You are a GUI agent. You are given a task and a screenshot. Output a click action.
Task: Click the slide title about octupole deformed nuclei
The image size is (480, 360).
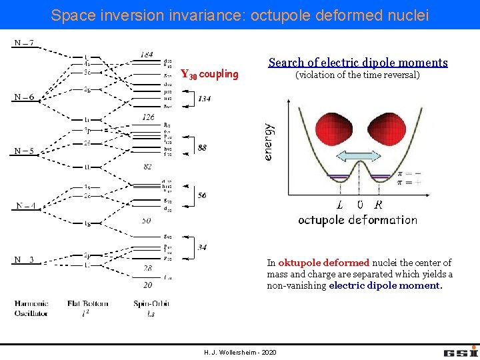(x=240, y=15)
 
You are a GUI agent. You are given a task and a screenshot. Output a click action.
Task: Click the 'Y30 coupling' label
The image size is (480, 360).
(x=209, y=74)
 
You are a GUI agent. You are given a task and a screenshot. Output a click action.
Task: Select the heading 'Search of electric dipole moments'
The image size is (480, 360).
(x=358, y=63)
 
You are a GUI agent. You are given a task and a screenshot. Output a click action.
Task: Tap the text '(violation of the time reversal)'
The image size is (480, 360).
(x=357, y=75)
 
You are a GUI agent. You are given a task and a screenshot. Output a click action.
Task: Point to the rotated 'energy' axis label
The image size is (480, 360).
(x=268, y=141)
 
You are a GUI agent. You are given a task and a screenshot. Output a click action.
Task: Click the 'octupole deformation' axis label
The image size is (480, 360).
(x=357, y=220)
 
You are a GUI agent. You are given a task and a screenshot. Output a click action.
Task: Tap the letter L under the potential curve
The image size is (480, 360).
(x=340, y=205)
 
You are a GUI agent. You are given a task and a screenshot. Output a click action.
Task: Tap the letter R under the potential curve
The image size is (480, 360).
(x=379, y=205)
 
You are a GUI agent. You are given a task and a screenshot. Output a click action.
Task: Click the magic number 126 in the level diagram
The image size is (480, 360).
(x=147, y=117)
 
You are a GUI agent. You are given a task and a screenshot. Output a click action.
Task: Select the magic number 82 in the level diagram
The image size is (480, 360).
(x=148, y=166)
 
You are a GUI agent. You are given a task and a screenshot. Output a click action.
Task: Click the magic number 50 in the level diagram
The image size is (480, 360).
(x=147, y=220)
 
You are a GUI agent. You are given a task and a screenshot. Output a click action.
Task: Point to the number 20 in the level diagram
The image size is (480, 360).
(x=147, y=285)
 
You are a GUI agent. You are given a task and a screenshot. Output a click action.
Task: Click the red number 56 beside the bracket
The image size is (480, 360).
(x=201, y=196)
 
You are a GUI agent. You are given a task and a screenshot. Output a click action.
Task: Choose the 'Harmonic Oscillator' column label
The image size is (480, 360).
(x=31, y=308)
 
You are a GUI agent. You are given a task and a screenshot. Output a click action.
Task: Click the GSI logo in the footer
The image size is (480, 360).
(x=460, y=351)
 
